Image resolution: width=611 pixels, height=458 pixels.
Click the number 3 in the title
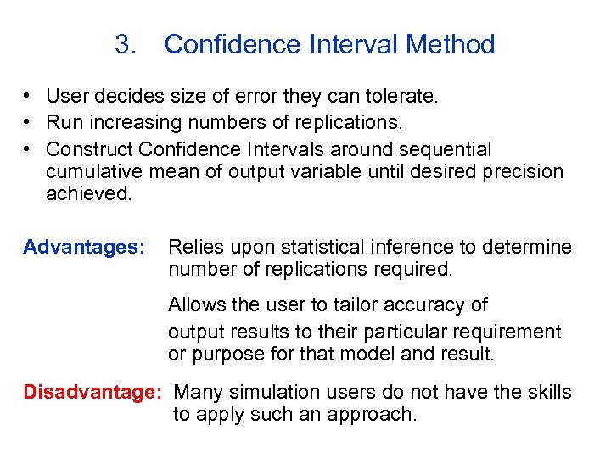(x=124, y=45)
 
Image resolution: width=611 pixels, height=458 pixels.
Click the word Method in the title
(x=453, y=45)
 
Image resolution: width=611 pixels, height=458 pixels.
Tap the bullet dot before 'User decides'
(x=28, y=97)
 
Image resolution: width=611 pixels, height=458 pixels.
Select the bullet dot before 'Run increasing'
(x=28, y=123)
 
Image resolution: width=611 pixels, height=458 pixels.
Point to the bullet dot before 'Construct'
(x=28, y=150)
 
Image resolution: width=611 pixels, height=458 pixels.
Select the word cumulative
(x=95, y=172)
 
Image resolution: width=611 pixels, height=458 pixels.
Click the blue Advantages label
(x=85, y=248)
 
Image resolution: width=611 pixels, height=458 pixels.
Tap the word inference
(x=417, y=248)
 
